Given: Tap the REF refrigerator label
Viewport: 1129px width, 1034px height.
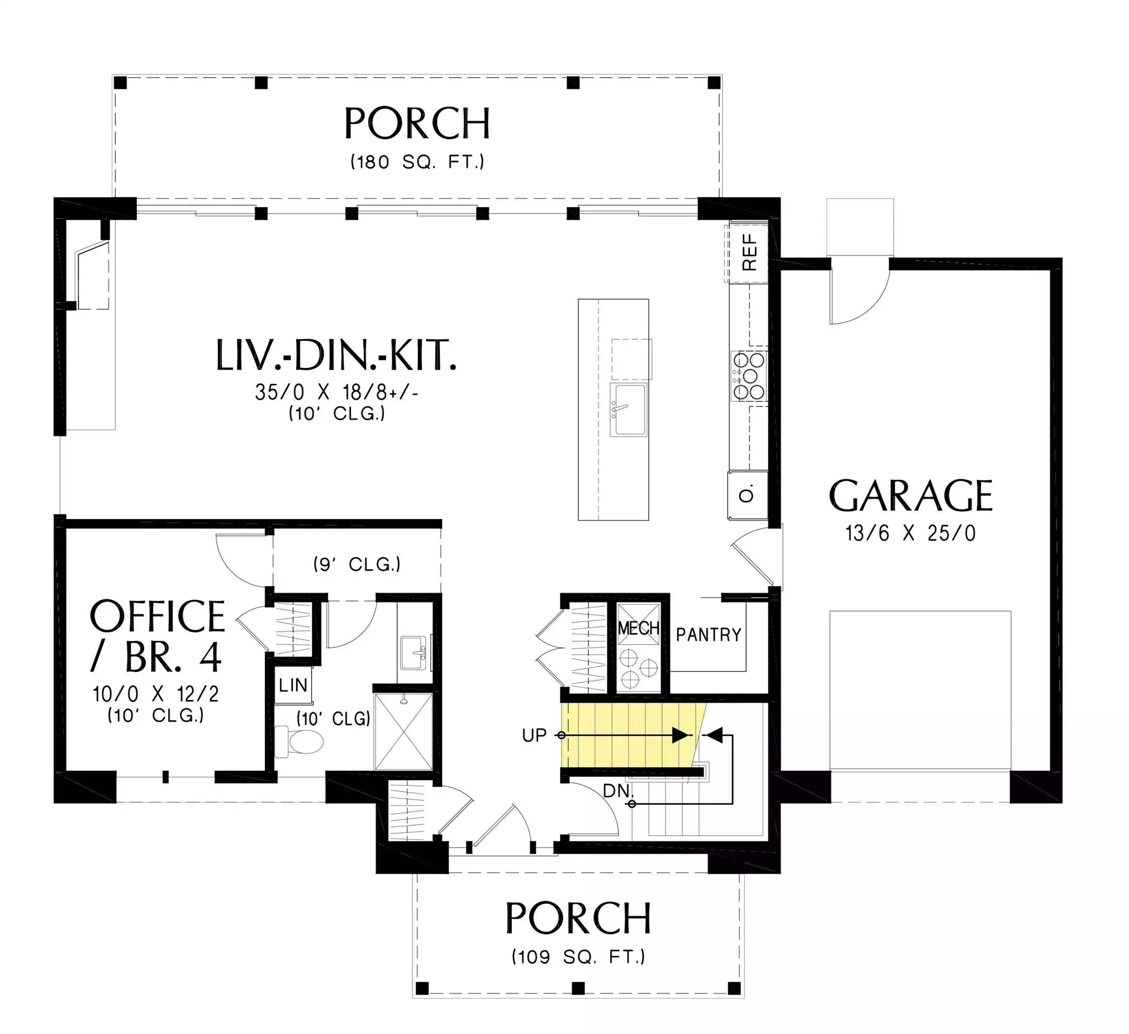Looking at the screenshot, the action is (750, 253).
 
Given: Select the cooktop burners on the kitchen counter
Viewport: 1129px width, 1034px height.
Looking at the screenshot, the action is (749, 376).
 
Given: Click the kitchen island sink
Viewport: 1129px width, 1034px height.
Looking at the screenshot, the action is (629, 410).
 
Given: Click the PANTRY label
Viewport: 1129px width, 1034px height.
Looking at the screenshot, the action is (708, 635).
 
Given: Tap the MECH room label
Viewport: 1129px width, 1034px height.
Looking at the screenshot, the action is (638, 628).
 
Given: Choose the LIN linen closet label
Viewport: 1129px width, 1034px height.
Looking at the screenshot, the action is (293, 685).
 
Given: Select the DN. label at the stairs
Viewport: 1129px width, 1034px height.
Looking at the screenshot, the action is (618, 791).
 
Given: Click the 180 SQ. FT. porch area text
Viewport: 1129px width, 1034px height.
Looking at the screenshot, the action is (417, 162).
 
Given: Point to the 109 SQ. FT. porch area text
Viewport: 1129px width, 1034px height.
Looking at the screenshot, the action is (578, 956).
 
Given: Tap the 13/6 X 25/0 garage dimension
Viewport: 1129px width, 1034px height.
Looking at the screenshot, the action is (911, 533).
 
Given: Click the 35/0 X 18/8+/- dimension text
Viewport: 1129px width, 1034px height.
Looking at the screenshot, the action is (337, 392).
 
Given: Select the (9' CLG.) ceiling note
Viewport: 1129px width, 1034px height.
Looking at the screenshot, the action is (357, 564).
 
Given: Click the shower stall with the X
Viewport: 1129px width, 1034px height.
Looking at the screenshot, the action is (403, 732).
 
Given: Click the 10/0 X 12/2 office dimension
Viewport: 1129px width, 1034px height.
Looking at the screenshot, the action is (156, 694).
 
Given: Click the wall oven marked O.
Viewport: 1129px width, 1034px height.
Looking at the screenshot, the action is (747, 495).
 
